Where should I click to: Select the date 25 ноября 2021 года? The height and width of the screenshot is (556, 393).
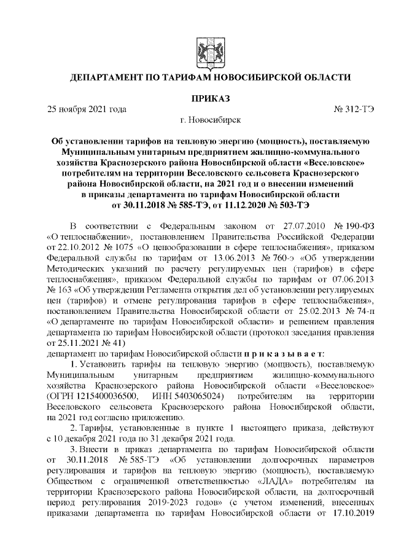(87, 109)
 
